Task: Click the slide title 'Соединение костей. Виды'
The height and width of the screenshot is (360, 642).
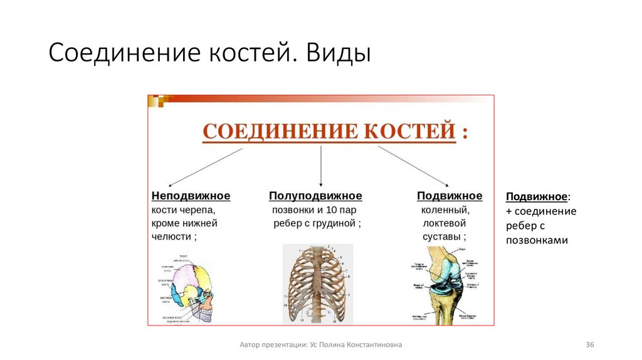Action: pyautogui.click(x=210, y=54)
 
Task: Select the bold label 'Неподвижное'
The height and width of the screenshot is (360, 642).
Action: pyautogui.click(x=191, y=196)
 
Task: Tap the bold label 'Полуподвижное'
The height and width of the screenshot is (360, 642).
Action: pyautogui.click(x=315, y=196)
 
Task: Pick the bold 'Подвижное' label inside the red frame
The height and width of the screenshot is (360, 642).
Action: pyautogui.click(x=450, y=196)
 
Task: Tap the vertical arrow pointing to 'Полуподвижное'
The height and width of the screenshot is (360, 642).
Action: pyautogui.click(x=321, y=166)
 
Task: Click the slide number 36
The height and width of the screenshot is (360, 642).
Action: pyautogui.click(x=589, y=345)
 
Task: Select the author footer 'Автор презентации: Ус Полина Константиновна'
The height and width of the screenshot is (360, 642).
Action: pyautogui.click(x=321, y=345)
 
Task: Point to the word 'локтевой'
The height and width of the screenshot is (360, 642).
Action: pyautogui.click(x=444, y=223)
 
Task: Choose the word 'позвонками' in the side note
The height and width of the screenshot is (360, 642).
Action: pyautogui.click(x=537, y=240)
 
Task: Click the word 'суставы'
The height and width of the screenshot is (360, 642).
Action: pyautogui.click(x=442, y=236)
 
